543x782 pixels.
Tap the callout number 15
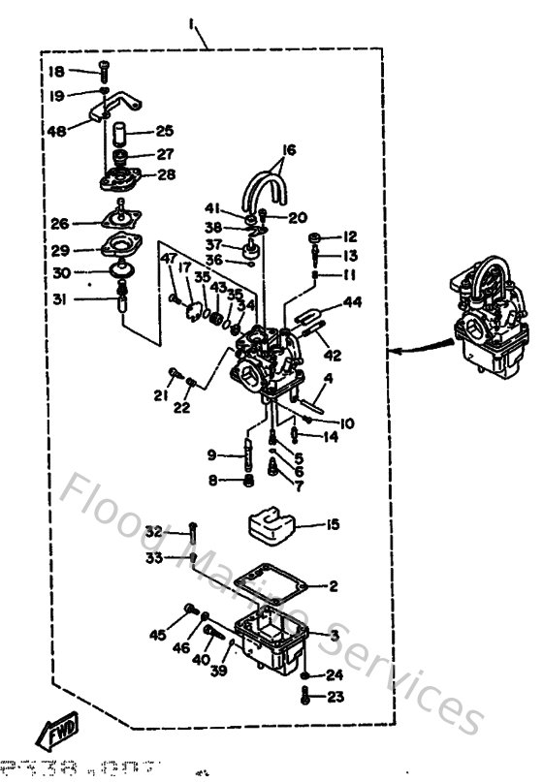(333, 525)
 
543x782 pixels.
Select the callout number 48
(56, 130)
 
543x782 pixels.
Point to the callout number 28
(166, 175)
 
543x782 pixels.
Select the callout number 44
(352, 303)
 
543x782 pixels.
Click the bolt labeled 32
(193, 531)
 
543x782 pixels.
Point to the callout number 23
(334, 696)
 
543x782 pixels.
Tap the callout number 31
(59, 299)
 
